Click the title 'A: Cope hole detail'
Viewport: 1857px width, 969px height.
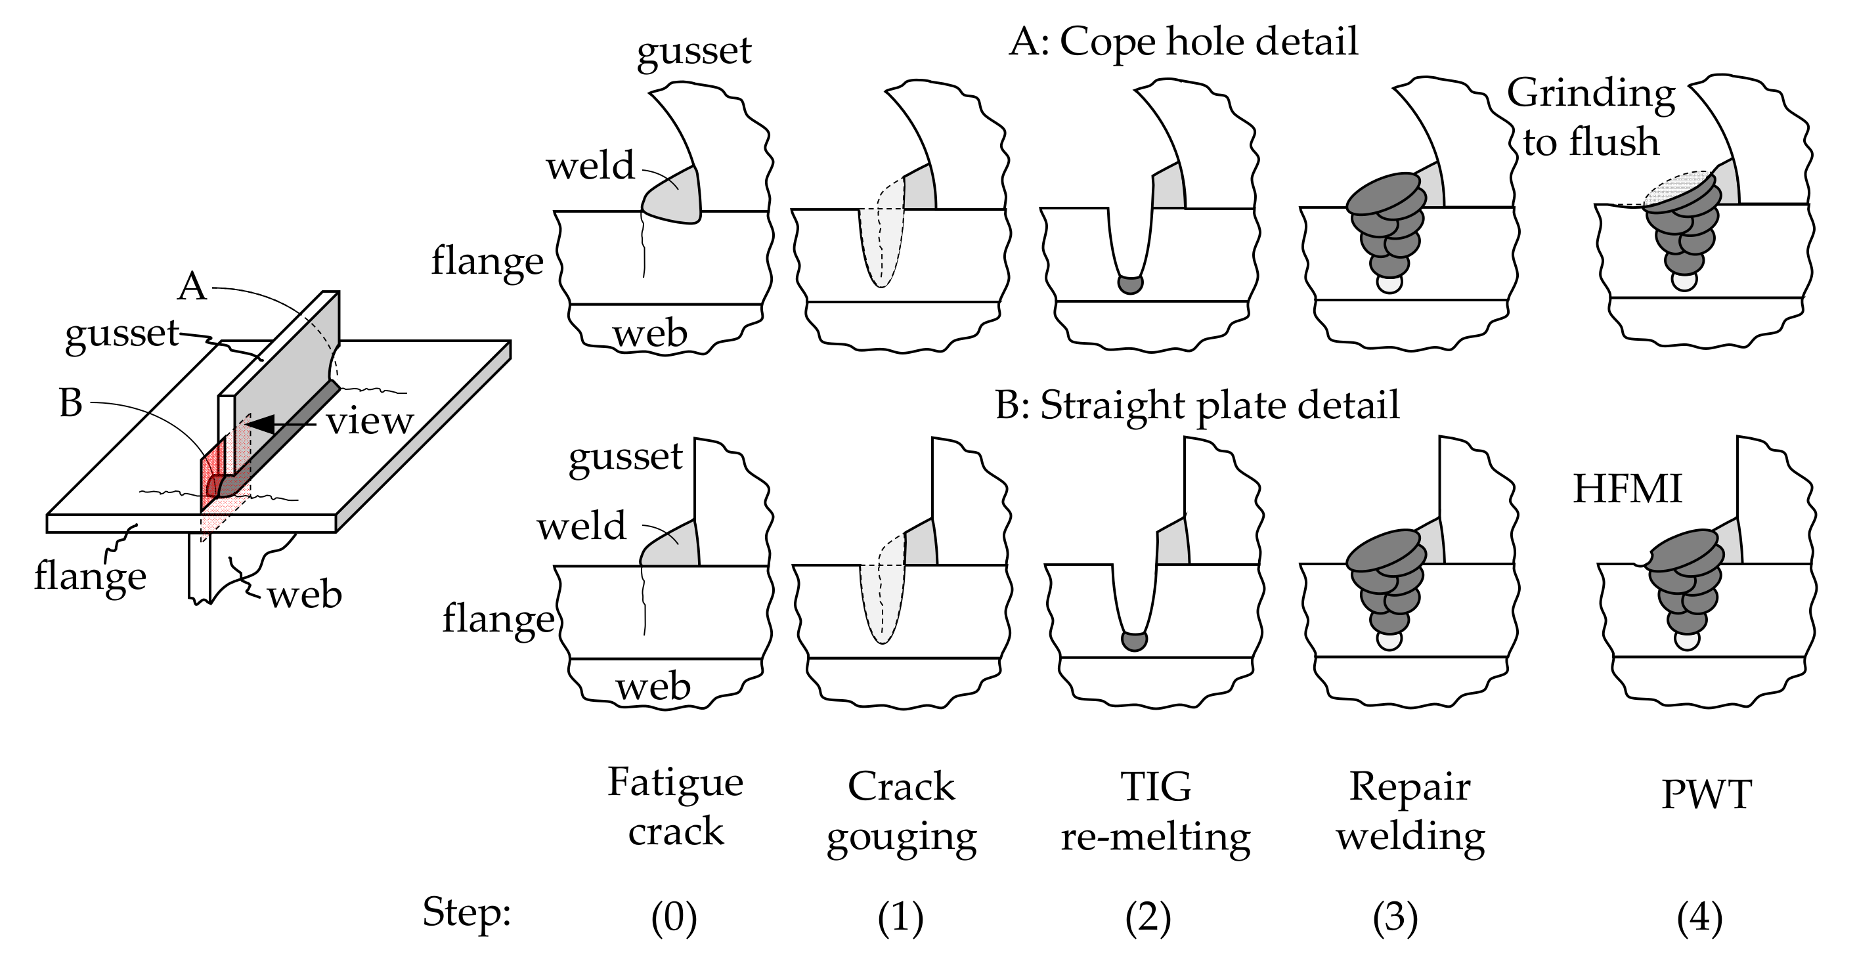1183,42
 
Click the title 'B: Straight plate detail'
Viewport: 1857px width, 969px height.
1196,405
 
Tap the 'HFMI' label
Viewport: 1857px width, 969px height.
1627,489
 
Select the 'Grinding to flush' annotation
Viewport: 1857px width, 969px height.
1590,118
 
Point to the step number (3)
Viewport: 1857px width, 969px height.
1395,918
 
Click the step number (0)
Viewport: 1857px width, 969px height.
674,918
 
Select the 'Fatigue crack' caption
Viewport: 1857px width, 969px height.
676,807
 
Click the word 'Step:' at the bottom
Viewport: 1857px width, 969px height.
466,913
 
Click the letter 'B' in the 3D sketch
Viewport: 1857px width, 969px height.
71,404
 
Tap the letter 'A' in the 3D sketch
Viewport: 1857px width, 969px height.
192,288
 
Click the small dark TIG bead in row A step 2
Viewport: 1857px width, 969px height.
1130,284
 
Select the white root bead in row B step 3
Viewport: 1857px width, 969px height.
1388,638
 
